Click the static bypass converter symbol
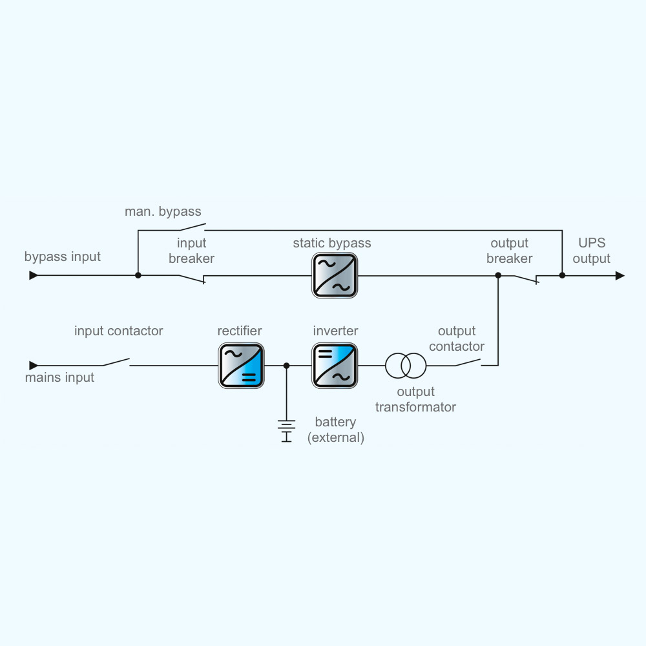(335, 275)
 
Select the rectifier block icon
(241, 366)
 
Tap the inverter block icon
(335, 366)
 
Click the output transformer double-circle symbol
(406, 366)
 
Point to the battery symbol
(286, 430)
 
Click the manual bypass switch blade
(192, 227)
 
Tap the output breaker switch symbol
(526, 278)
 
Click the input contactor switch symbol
(116, 362)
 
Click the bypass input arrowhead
(34, 275)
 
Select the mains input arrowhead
(34, 366)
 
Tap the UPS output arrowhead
(620, 275)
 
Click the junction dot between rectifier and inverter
(286, 366)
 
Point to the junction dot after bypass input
(138, 275)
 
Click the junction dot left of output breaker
(498, 275)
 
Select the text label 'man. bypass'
(163, 211)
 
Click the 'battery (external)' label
(336, 430)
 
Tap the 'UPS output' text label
(591, 251)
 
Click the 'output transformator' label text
(415, 399)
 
